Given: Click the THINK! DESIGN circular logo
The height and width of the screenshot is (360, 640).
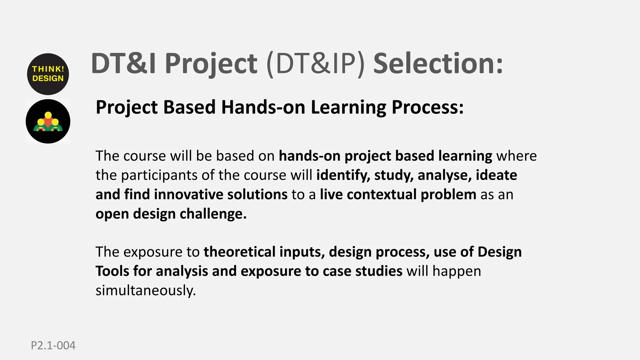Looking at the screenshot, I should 48,74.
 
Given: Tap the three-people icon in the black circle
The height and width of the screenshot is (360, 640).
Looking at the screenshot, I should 48,122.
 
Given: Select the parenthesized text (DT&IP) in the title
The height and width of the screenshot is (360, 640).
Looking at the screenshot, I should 315,64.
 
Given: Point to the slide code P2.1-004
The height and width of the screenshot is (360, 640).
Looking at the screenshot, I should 53,346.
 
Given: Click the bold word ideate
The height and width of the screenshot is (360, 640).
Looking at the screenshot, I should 496,175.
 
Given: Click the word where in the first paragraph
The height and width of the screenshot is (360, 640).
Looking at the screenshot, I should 517,156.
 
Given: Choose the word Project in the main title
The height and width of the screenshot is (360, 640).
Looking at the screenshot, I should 211,64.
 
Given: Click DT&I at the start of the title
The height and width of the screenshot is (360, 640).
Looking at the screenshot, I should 123,64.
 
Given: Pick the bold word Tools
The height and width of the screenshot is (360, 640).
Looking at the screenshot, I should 112,271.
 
